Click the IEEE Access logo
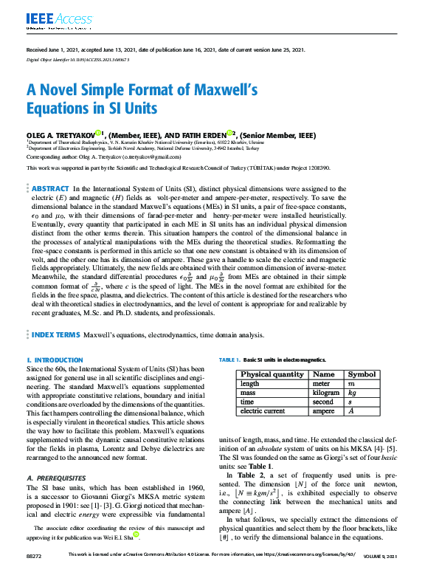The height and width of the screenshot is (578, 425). click(x=54, y=18)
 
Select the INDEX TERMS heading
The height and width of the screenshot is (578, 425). click(x=56, y=334)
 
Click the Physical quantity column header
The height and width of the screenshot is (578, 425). click(x=272, y=374)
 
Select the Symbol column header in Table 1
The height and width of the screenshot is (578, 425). click(x=362, y=374)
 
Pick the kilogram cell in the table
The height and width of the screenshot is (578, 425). click(x=325, y=393)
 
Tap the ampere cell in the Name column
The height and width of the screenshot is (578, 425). click(x=324, y=411)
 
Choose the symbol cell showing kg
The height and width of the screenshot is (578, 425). click(x=352, y=393)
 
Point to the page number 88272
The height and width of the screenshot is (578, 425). click(x=35, y=573)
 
